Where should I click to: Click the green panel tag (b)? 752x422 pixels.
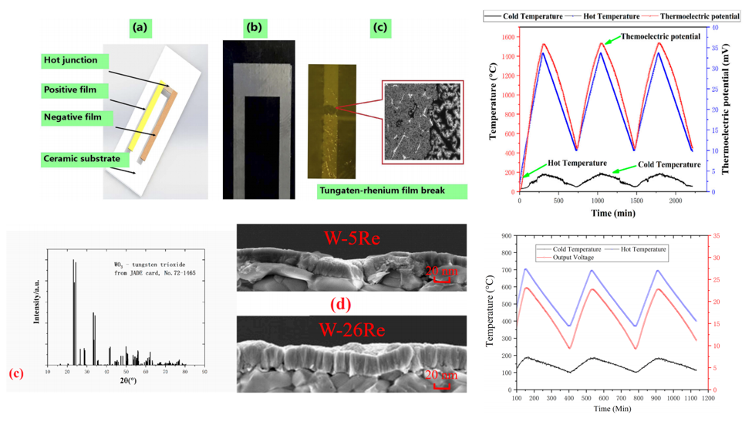(253, 29)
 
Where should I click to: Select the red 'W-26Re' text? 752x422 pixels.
(347, 329)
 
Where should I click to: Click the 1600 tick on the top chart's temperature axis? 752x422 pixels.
(508, 37)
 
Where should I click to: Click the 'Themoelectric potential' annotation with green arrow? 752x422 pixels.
(663, 36)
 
